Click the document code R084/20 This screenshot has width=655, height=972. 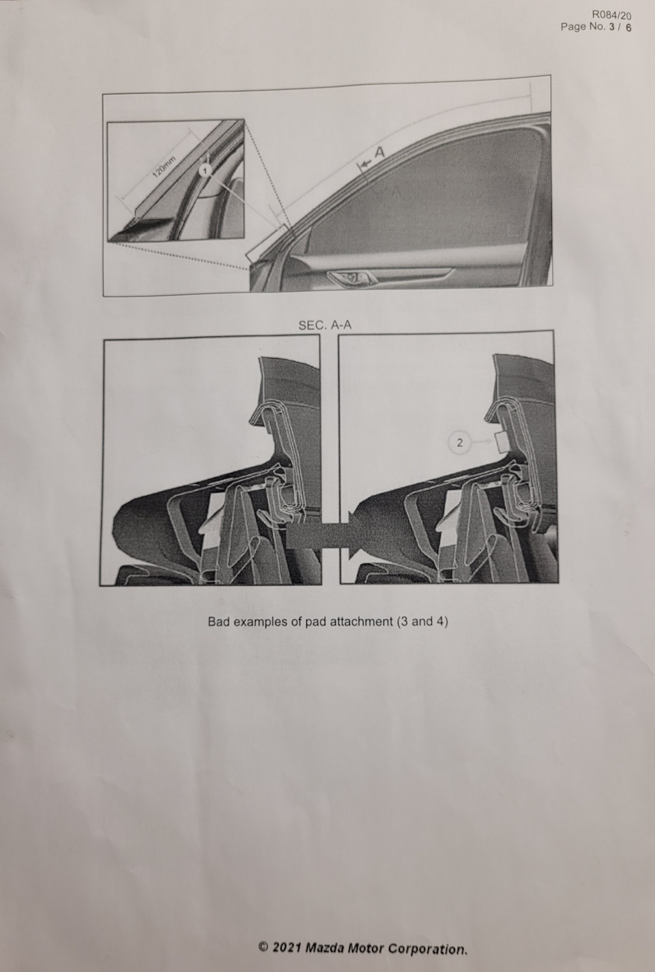(x=611, y=15)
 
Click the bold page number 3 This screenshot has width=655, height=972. (x=612, y=27)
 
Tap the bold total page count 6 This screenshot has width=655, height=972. (x=628, y=27)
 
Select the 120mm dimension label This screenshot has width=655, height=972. (x=164, y=166)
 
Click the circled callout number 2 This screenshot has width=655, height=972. (x=459, y=443)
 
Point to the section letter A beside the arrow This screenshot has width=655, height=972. (x=379, y=153)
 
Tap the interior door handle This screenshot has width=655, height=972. (x=350, y=277)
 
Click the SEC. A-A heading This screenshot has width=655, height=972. (x=325, y=325)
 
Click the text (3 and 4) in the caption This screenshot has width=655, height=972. (x=422, y=621)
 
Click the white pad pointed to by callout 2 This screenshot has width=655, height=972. (x=501, y=442)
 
